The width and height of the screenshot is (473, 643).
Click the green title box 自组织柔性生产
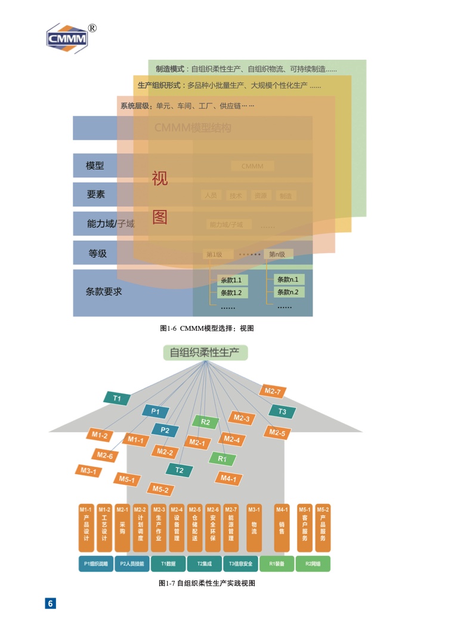click(205, 353)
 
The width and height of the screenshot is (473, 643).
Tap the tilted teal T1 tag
click(118, 398)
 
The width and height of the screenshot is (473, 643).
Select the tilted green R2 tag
click(205, 422)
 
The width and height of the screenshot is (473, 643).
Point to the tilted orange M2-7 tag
click(273, 392)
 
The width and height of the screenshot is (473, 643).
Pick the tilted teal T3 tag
click(282, 411)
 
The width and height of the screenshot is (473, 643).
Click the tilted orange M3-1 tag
click(88, 471)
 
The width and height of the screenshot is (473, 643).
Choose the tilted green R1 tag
click(222, 459)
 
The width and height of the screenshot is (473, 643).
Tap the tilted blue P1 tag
click(155, 411)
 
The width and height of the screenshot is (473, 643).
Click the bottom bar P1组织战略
click(96, 564)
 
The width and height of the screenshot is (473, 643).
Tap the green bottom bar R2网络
click(313, 564)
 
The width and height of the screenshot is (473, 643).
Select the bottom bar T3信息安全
click(240, 564)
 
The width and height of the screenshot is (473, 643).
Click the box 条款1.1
click(231, 280)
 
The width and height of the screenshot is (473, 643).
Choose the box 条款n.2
click(289, 292)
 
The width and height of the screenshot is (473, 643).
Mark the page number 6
click(51, 603)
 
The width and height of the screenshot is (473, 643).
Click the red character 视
click(160, 179)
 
